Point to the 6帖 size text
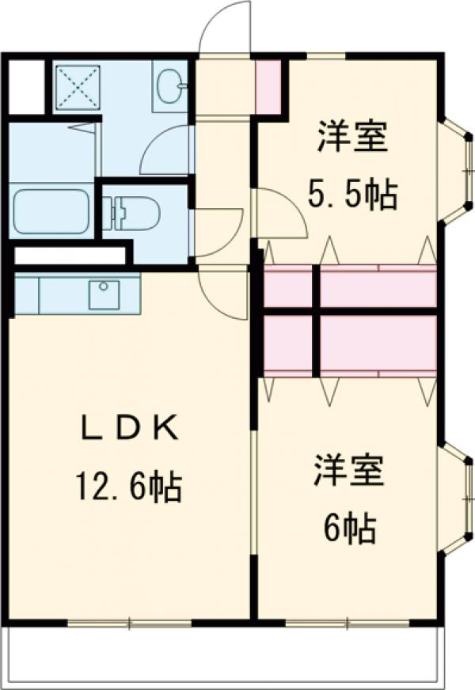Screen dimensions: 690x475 click(348, 528)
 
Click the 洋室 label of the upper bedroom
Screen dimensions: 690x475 click(353, 136)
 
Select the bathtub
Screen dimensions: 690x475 click(51, 211)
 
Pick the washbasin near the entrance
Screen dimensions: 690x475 click(169, 85)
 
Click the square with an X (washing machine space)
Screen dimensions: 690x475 click(77, 85)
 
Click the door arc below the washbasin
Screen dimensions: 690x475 click(166, 150)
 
